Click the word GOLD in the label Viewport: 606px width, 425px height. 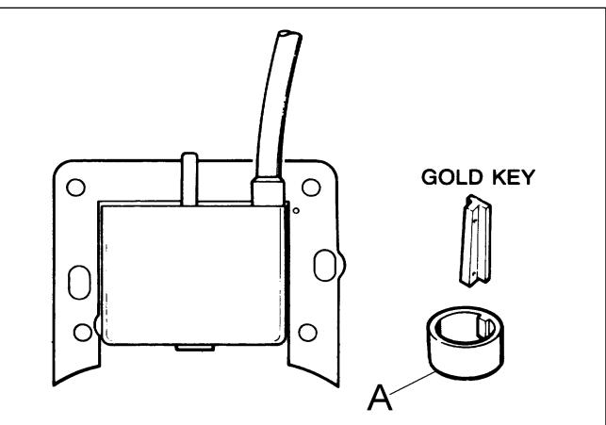click(x=451, y=177)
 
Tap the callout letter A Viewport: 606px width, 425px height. click(x=379, y=397)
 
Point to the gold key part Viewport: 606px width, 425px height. click(x=475, y=240)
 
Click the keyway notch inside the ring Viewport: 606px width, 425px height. click(x=485, y=328)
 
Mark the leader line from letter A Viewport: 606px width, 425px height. click(x=413, y=383)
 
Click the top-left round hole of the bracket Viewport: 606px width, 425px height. click(x=75, y=188)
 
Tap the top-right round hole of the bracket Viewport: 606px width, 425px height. click(x=311, y=188)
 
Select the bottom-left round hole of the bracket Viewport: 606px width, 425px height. click(x=83, y=333)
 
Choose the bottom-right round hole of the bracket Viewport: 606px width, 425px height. click(x=307, y=333)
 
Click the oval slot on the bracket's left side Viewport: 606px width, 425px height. click(x=79, y=283)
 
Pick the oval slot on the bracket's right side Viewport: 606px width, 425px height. click(x=324, y=265)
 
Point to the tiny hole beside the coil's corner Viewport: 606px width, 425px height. click(x=296, y=210)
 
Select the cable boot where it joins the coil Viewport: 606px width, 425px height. click(x=268, y=190)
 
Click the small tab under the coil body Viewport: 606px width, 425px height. click(x=195, y=348)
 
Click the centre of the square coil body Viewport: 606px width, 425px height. click(x=192, y=274)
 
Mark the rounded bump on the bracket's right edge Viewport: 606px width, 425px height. click(x=342, y=265)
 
